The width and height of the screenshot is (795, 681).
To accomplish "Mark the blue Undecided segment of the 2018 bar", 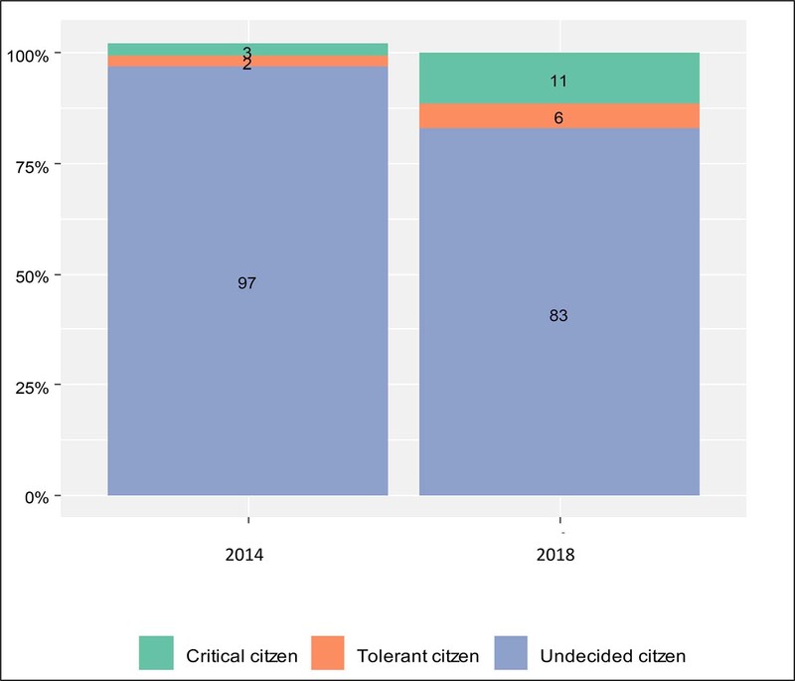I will coord(559,398).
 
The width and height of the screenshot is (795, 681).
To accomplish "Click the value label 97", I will coord(247,283).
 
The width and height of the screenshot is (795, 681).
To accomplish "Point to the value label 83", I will coord(558,316).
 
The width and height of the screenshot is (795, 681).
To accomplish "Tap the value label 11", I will coord(558,81).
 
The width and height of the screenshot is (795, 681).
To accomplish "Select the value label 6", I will coord(559,117).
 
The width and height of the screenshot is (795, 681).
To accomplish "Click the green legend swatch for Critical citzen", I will coord(156,654).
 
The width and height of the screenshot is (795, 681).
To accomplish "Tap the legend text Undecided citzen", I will coord(612,656).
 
